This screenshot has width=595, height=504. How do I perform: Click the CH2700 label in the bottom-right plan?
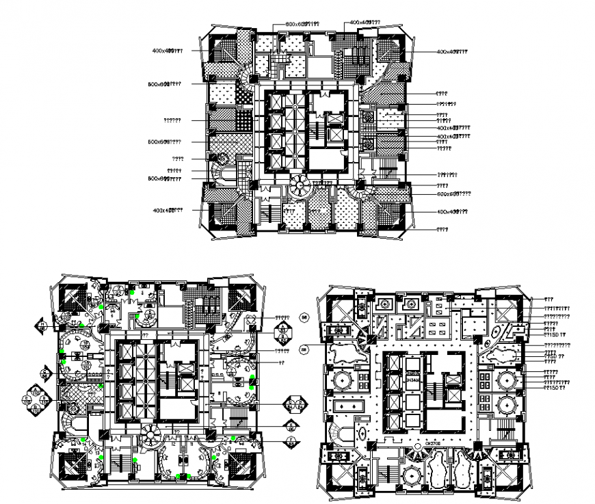(x=432, y=442)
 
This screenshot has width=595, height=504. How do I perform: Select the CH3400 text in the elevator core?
(x=412, y=379)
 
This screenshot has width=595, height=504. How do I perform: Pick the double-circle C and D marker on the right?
(x=295, y=403)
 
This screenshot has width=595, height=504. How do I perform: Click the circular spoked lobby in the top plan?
(x=299, y=185)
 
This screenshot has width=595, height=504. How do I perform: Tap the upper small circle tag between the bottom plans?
(x=305, y=317)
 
